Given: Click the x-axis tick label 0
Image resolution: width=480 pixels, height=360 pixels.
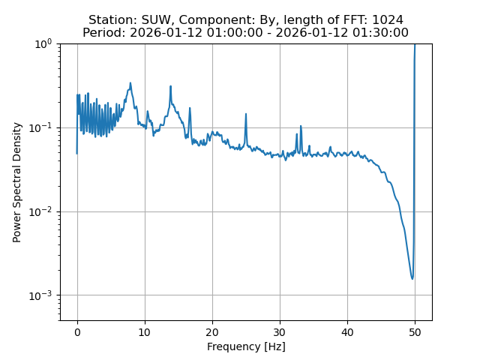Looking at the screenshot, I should [x=77, y=331].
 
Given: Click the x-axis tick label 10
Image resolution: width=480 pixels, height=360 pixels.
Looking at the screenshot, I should [x=145, y=331].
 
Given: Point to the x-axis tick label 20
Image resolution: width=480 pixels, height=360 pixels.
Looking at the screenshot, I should [x=212, y=331].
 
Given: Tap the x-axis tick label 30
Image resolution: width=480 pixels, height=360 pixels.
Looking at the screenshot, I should [x=280, y=331].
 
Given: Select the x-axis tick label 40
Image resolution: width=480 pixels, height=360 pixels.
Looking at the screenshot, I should [x=347, y=331].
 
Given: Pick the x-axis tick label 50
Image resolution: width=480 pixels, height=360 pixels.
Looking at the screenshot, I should [x=415, y=331].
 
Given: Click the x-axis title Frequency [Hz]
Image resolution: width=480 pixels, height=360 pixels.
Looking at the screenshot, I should [x=246, y=346].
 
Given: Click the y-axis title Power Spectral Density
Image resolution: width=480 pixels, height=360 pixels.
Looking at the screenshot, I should [x=17, y=182].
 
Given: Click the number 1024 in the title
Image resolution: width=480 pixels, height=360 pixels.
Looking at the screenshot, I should [x=388, y=20].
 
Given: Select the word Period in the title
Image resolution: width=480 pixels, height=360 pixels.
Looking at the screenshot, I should [x=103, y=33].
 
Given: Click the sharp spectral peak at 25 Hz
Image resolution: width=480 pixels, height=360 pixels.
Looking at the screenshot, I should [x=246, y=114].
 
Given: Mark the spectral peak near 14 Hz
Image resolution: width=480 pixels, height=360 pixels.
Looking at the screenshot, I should [x=171, y=86].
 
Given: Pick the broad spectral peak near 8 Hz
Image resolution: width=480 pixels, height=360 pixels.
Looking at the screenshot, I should [x=130, y=83].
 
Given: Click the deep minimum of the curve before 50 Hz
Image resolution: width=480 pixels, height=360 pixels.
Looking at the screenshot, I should [x=412, y=279].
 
